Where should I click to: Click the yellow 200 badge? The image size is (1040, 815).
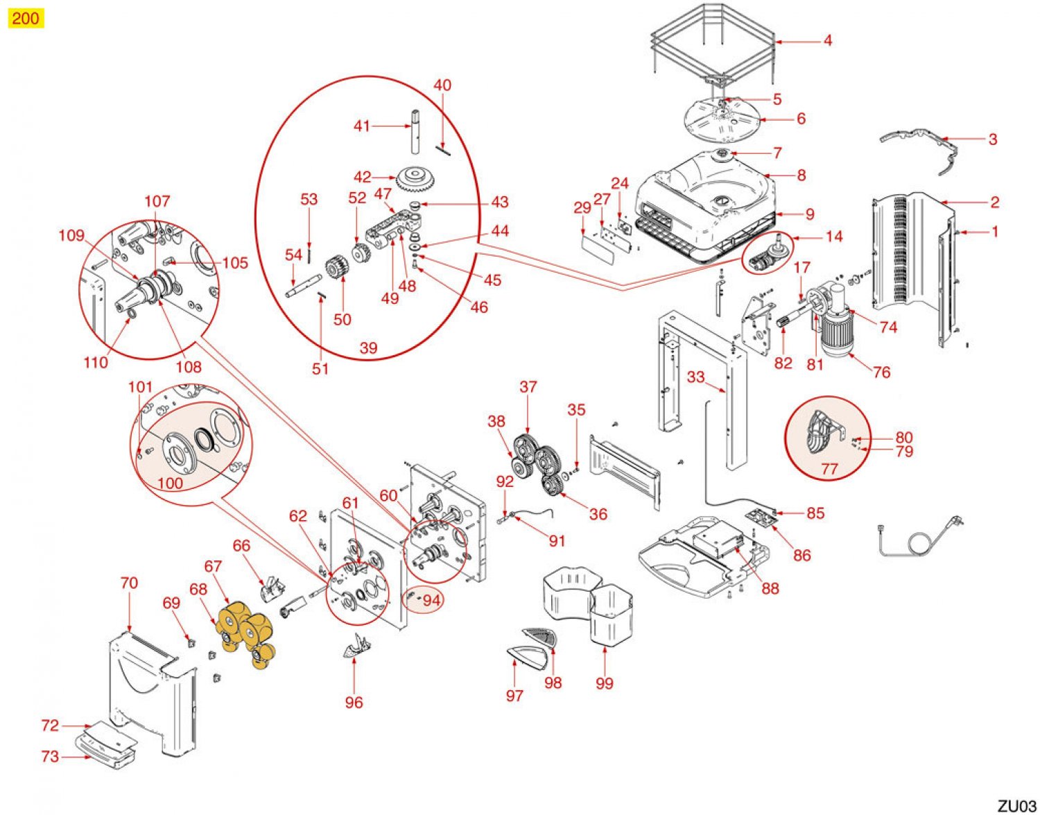26,18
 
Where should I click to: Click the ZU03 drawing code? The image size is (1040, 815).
1016,805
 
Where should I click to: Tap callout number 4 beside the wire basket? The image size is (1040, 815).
827,41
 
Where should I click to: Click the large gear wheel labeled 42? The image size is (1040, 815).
419,180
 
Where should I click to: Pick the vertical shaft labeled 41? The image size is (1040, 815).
415,132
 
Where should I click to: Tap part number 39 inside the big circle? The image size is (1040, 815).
368,348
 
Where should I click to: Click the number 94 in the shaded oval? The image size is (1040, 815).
431,600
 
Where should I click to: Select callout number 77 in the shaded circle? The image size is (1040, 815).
829,469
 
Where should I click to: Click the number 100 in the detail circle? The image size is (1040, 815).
171,483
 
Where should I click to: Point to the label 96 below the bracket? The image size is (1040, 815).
354,703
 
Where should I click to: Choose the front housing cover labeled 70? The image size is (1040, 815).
149,687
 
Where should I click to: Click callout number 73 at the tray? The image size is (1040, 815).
50,756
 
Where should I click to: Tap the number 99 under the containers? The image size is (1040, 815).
605,683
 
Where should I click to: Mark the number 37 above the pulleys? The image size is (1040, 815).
528,387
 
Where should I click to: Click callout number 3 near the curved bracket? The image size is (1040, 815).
992,139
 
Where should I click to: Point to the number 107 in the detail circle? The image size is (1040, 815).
157,201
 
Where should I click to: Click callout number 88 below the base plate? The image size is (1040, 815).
770,588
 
